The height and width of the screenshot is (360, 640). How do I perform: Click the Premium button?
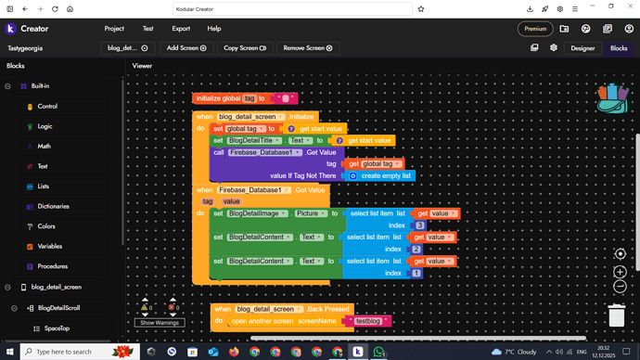535,29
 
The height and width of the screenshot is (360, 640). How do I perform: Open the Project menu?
114,29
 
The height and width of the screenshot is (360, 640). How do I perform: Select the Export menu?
181,29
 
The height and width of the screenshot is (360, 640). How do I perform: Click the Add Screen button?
186,47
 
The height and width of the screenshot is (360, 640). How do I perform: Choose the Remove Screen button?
307,47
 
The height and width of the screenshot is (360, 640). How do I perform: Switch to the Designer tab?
582,47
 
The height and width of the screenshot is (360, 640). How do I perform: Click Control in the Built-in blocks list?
47,106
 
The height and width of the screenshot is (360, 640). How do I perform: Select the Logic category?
45,126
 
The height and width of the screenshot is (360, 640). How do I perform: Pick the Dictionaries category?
53,206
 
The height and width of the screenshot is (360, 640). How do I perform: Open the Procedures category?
52,266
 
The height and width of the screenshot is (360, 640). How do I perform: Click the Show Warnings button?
160,323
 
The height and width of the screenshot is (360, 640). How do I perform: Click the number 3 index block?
420,225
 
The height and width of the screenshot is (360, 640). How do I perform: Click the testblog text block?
368,321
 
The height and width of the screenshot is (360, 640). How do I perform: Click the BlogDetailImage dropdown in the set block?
256,213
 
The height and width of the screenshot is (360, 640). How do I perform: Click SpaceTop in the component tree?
57,328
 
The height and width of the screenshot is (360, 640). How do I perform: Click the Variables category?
50,246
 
